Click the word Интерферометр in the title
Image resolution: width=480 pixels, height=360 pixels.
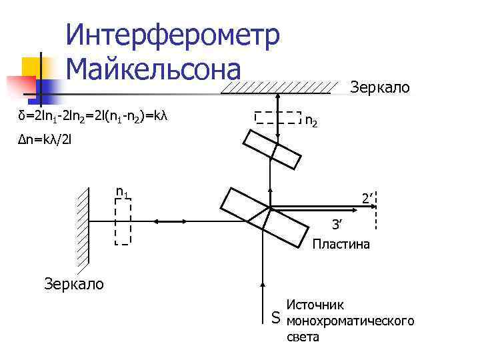pos(173,35)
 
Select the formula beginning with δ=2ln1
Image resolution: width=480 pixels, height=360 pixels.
pos(93,117)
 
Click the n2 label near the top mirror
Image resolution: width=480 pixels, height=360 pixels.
pos(311,122)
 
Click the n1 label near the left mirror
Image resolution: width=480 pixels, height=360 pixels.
pos(122,193)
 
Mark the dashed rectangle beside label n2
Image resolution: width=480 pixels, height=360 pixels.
pos(279,117)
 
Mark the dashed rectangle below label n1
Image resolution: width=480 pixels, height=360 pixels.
pos(123,221)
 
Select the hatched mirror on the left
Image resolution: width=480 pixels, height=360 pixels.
pos(83,227)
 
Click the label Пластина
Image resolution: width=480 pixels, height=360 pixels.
pos(341,245)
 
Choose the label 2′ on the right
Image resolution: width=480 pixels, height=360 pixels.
pos(366,197)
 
